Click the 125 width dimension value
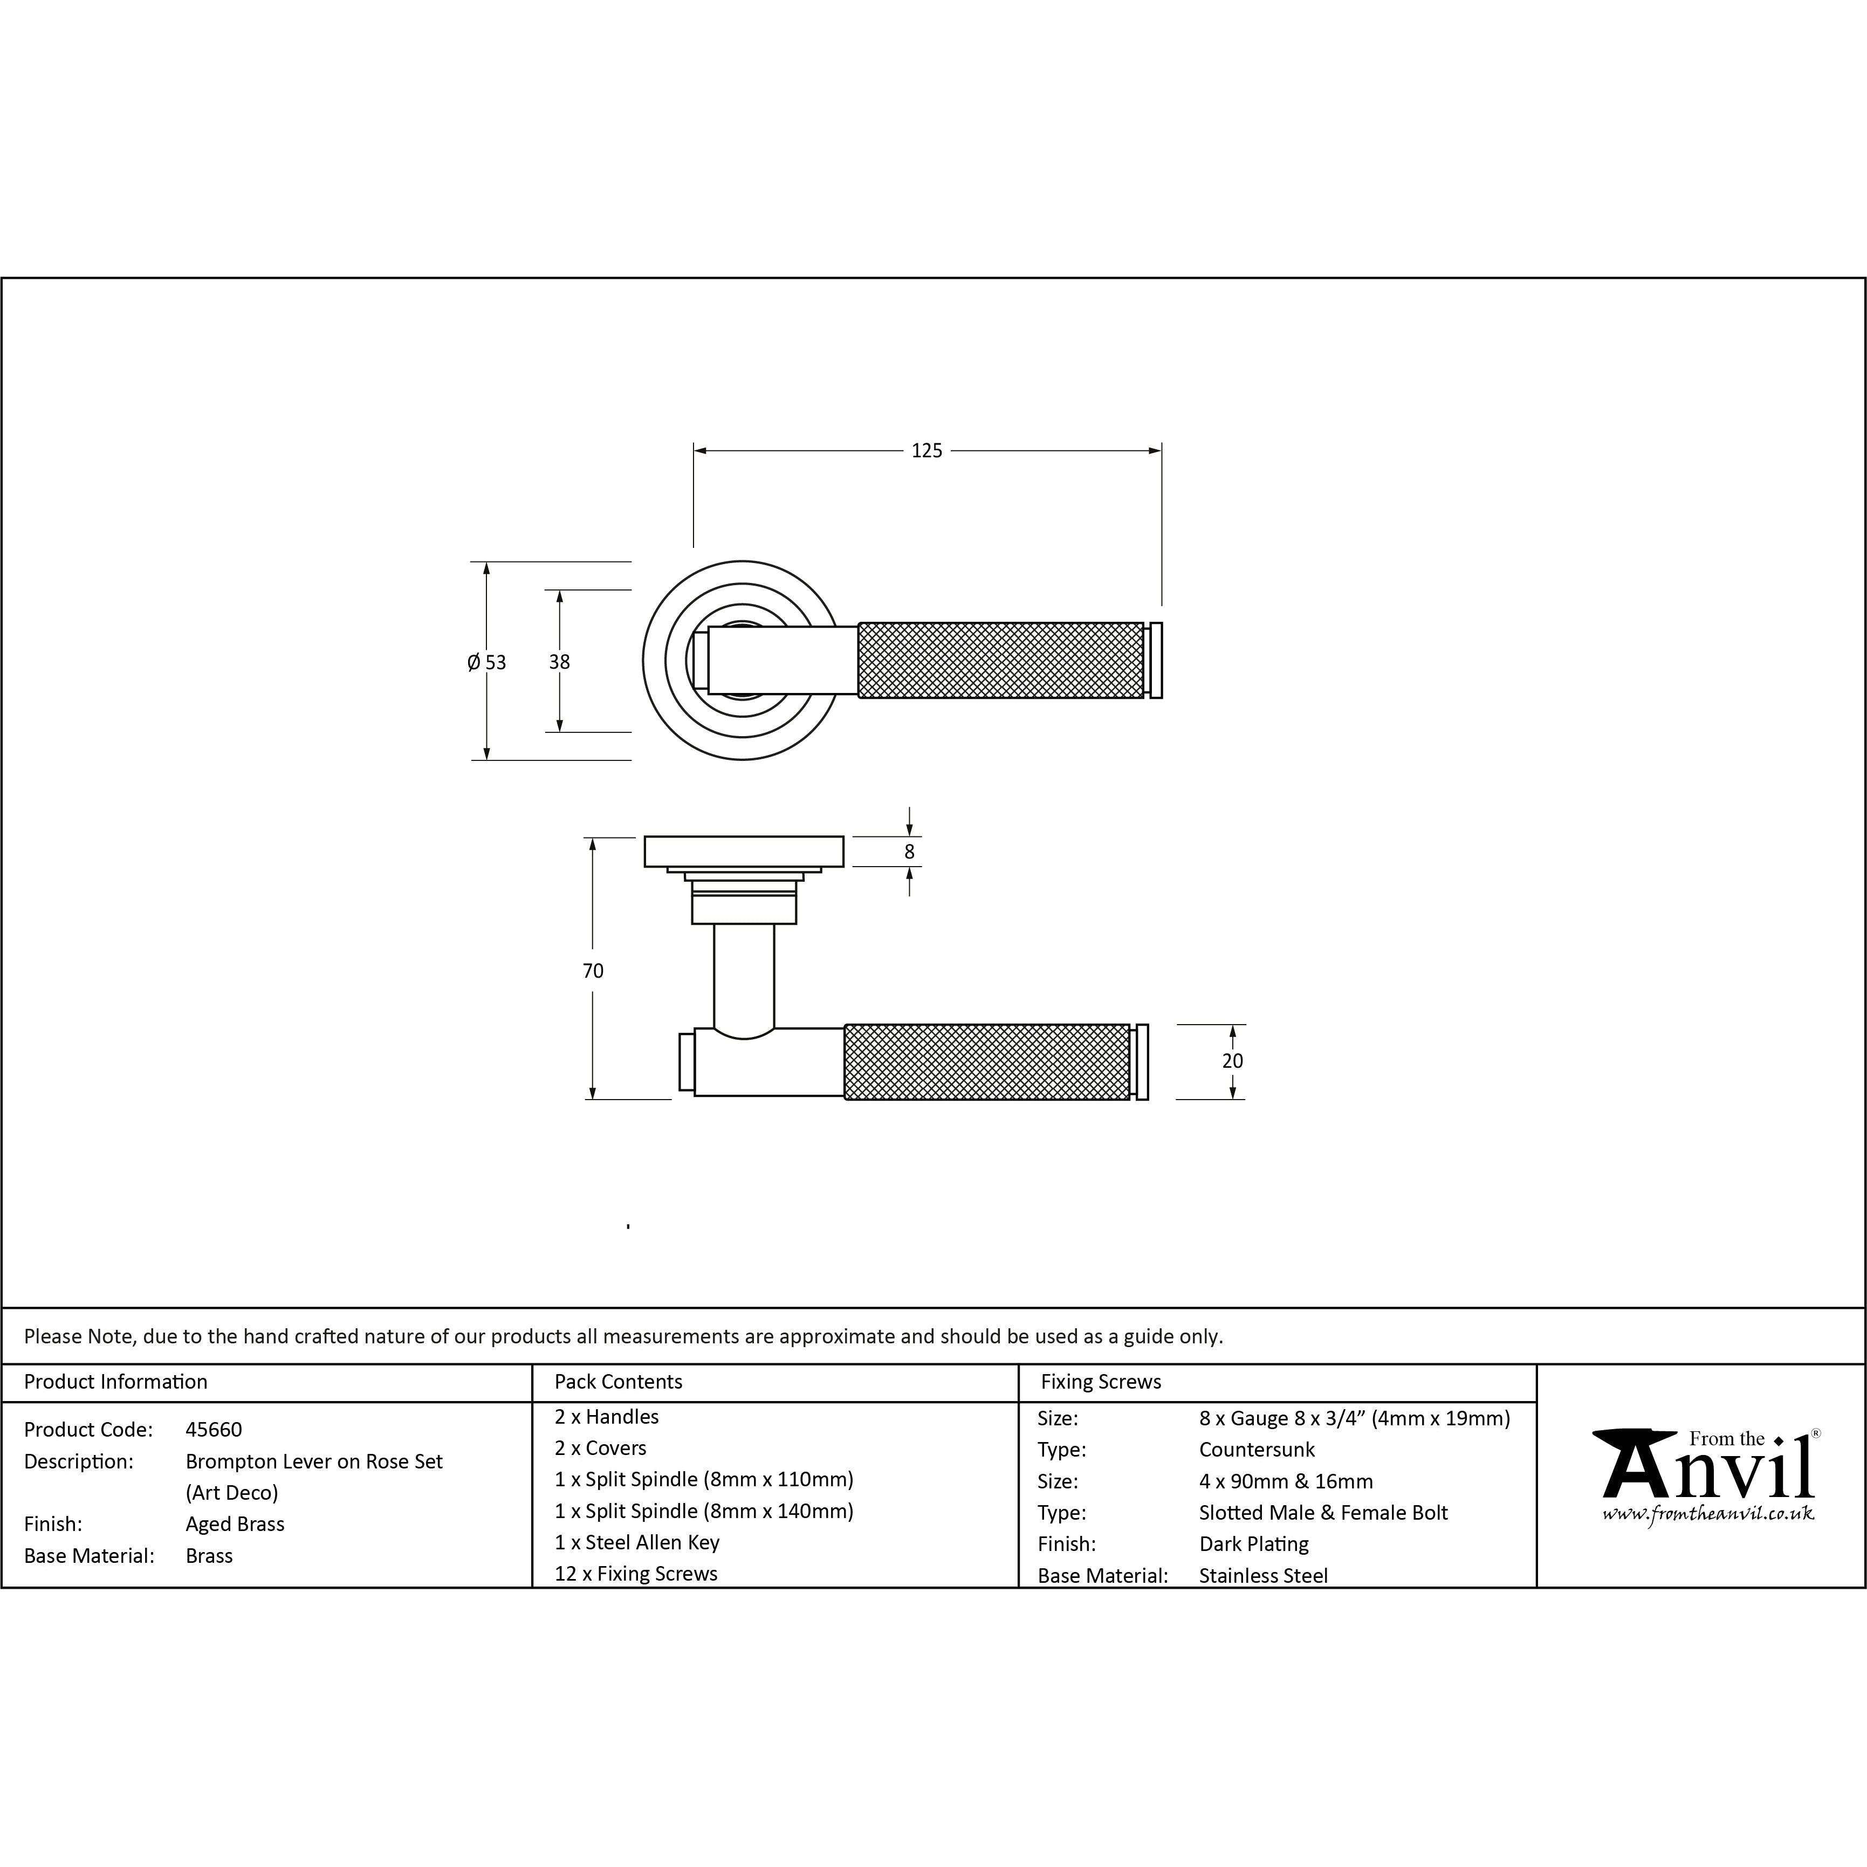coord(926,450)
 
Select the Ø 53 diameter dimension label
coord(486,662)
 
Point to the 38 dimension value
coord(560,662)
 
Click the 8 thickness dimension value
coord(909,852)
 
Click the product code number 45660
coord(214,1429)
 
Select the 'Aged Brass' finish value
coord(235,1524)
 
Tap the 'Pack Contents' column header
coord(619,1382)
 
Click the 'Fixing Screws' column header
coord(1101,1382)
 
